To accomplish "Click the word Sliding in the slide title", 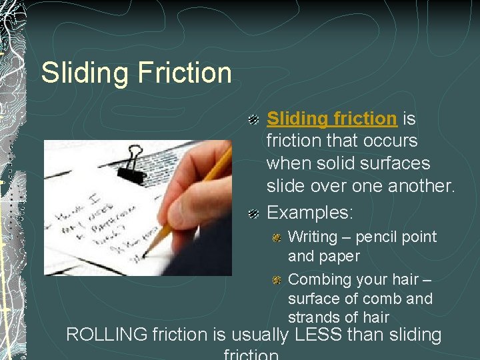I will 81,73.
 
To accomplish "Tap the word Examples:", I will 310,212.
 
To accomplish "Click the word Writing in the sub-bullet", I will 313,237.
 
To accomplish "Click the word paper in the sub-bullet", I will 339,256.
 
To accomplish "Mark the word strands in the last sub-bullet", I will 313,317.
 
